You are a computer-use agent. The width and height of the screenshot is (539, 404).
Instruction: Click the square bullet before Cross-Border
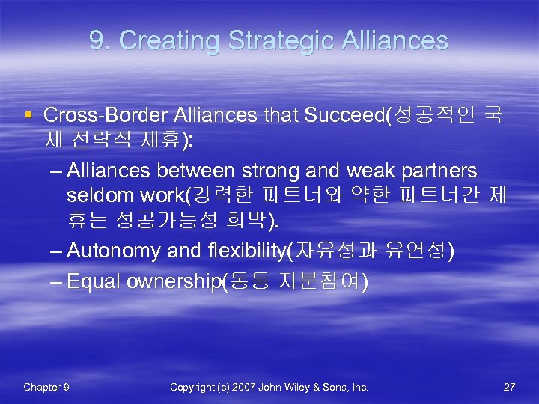tap(28, 115)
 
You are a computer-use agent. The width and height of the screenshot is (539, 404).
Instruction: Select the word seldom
tap(94, 196)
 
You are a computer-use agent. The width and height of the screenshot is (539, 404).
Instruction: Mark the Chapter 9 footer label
tap(46, 387)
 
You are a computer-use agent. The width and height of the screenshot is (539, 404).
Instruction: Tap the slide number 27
tap(509, 387)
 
